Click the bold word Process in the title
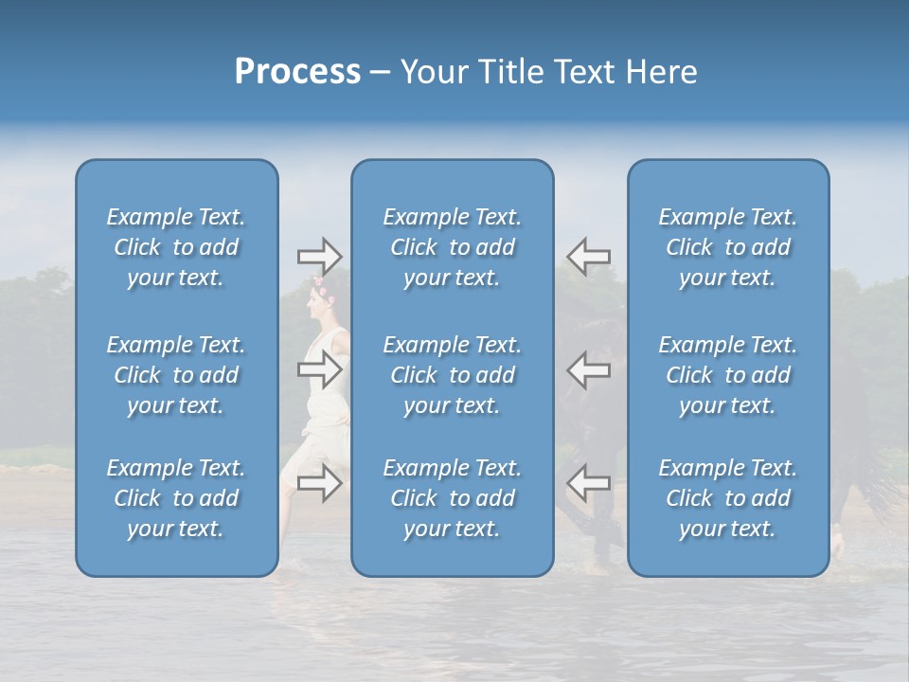(297, 72)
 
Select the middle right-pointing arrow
(319, 369)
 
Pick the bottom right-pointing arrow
(319, 483)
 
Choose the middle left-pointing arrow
(588, 369)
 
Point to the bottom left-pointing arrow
(588, 483)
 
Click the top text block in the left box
(176, 247)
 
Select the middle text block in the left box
(176, 375)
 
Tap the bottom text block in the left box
(176, 498)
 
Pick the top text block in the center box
(453, 247)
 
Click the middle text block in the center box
(453, 375)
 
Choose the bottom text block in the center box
(453, 498)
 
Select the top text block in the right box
(728, 247)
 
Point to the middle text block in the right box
(728, 375)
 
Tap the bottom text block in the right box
(728, 498)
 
